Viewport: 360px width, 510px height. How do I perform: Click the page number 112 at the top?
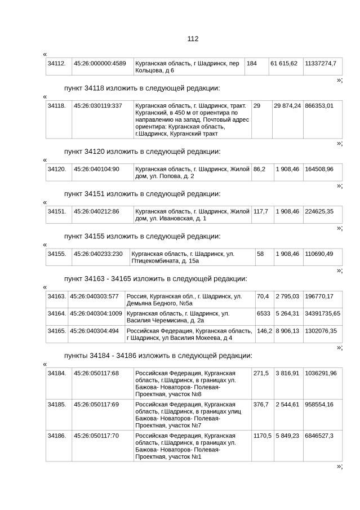coord(193,39)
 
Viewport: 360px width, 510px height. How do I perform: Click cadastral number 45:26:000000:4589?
coord(100,63)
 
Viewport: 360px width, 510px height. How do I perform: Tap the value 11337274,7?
coord(321,63)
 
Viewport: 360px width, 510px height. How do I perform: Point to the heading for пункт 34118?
coord(142,88)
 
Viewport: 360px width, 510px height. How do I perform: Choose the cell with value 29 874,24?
coord(287,106)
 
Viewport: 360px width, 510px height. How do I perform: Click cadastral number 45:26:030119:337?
coord(98,106)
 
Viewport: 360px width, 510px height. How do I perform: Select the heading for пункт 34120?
coord(142,152)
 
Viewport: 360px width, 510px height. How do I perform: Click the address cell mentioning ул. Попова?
coord(192,172)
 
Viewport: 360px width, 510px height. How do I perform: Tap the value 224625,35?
coord(319,211)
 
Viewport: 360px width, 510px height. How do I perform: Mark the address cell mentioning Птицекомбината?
coord(192,258)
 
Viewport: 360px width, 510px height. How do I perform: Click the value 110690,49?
coord(319,254)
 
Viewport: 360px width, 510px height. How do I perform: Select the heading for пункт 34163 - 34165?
coord(155,278)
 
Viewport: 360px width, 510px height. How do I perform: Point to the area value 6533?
coord(263,313)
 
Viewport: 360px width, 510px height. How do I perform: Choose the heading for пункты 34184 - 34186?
coord(158,356)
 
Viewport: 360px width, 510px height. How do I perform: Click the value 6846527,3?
coord(319,436)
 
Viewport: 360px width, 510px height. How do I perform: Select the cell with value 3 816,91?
coord(287,374)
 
